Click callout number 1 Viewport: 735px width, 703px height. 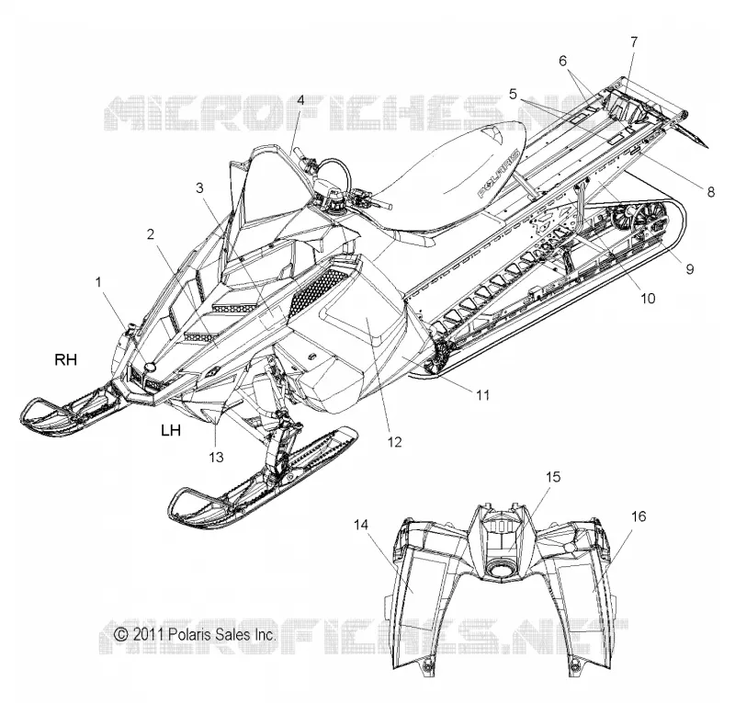[98, 282]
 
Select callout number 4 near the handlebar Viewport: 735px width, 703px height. [300, 100]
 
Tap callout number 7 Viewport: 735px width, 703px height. [634, 42]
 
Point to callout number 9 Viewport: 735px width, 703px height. [690, 269]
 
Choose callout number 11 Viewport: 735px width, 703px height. [483, 395]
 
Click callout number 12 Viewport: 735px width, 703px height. [395, 442]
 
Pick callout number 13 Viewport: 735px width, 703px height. [216, 457]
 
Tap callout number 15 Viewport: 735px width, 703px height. [553, 477]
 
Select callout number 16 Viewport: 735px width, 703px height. [639, 516]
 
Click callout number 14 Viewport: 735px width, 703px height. [361, 525]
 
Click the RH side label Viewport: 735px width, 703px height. [65, 359]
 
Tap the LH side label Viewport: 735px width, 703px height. [171, 430]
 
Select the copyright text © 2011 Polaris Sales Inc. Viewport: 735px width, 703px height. [195, 635]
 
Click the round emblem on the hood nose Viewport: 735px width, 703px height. [151, 368]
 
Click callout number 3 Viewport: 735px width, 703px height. [199, 188]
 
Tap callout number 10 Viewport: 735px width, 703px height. [648, 299]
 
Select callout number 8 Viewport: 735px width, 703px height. [710, 191]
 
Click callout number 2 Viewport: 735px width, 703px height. [150, 234]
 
